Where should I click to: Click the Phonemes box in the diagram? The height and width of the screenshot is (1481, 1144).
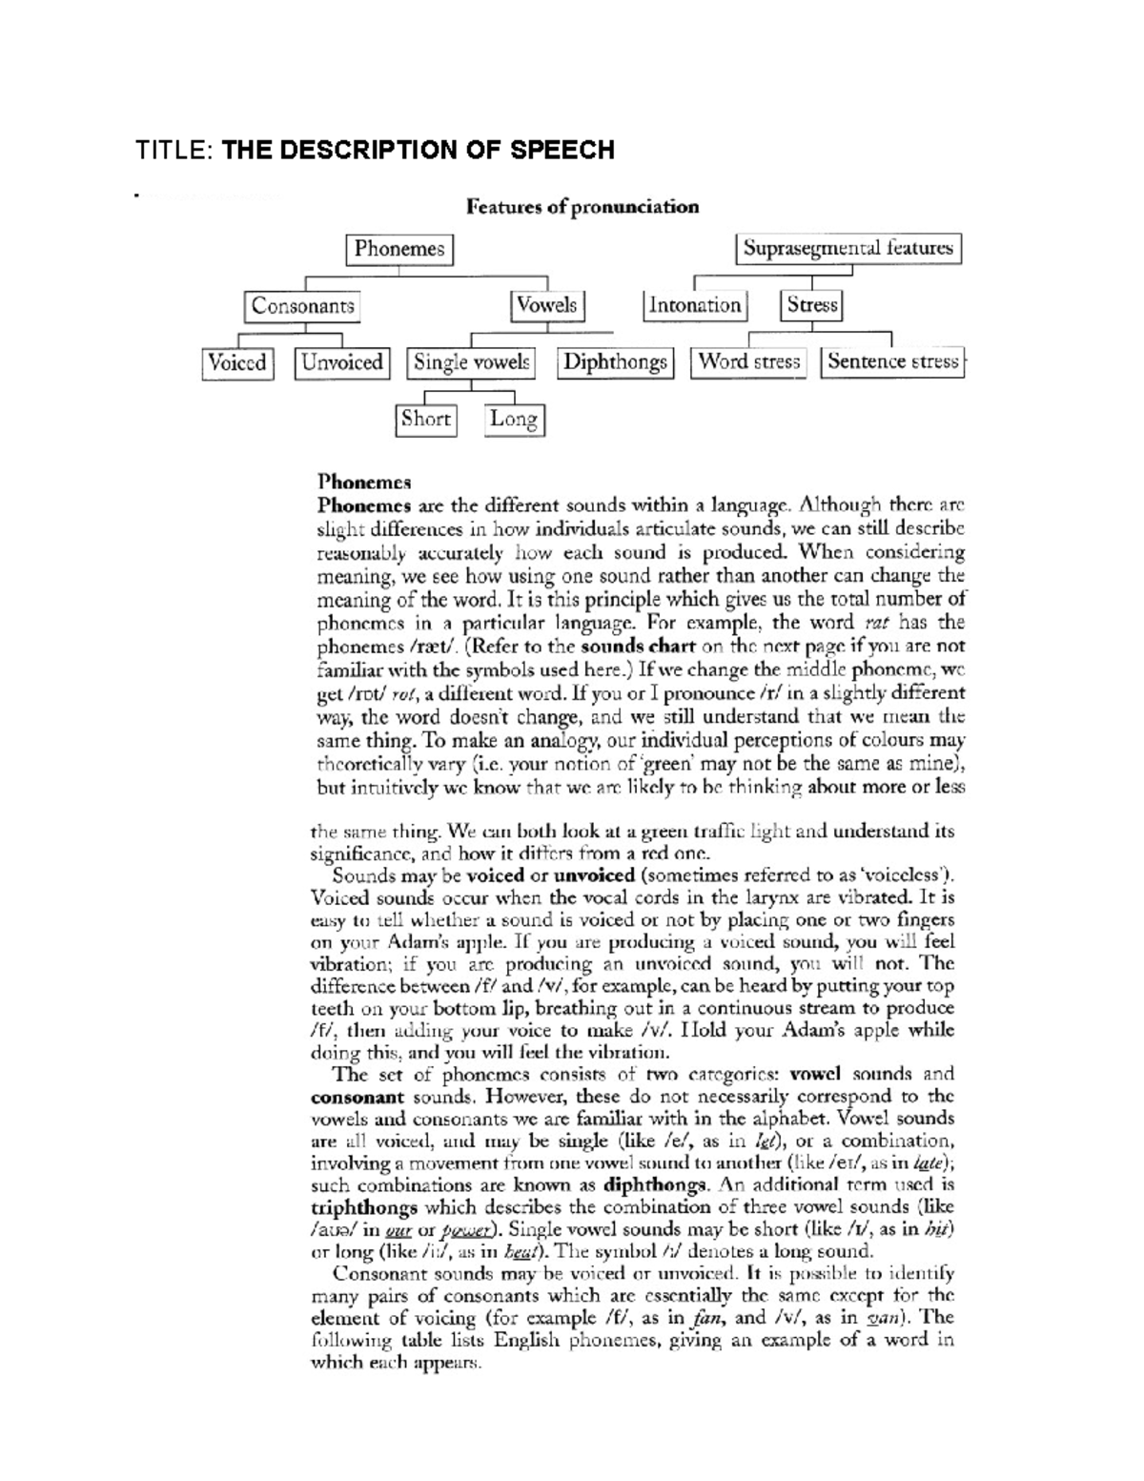coord(398,249)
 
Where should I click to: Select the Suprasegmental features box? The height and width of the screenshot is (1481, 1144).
coord(848,249)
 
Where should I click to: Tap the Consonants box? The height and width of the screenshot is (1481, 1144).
coord(302,306)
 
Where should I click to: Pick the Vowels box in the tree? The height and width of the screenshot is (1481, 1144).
coord(546,305)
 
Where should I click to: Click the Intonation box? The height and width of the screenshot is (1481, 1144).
coord(694,305)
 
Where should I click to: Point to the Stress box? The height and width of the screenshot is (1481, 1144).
coord(812,305)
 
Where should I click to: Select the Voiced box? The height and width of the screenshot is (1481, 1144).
coord(237,362)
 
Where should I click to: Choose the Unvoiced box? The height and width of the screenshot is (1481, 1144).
coord(341,362)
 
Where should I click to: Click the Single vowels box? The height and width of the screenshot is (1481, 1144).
coord(471,362)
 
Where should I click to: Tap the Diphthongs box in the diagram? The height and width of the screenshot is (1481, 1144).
coord(615,362)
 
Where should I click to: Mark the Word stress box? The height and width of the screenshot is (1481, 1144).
coord(748,361)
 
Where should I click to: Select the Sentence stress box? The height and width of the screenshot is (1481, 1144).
coord(892,361)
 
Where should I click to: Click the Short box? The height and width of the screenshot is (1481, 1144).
coord(425,419)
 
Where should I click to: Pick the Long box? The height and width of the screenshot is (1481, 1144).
coord(513,420)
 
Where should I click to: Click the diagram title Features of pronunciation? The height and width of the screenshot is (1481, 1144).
coord(582,207)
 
